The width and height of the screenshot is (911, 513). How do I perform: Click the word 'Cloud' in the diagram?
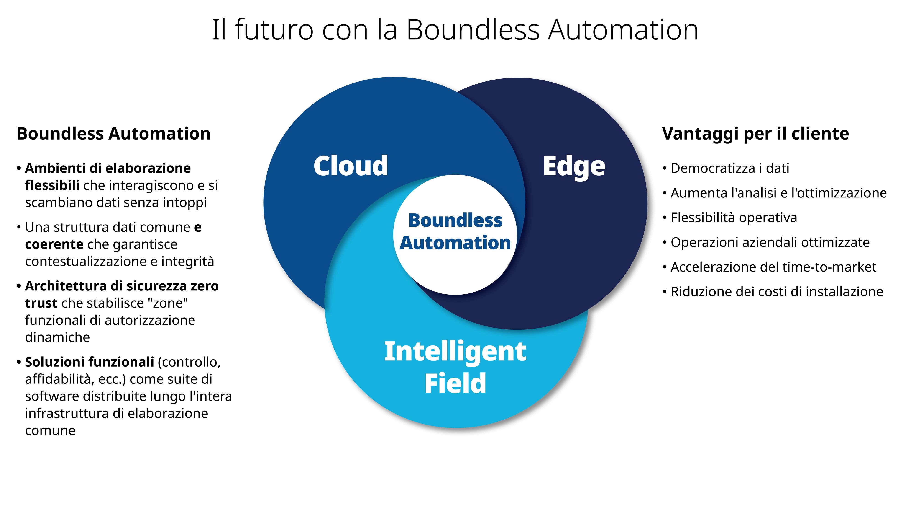(x=351, y=166)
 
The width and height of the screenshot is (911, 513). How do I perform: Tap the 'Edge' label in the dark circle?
(x=574, y=166)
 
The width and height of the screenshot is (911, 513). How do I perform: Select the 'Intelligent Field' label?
(x=455, y=367)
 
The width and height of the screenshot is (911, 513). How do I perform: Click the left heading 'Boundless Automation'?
(x=113, y=134)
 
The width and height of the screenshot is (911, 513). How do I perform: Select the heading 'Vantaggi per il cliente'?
(x=755, y=134)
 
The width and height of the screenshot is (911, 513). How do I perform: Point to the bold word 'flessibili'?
(x=52, y=185)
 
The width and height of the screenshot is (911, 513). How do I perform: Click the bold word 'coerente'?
(x=54, y=244)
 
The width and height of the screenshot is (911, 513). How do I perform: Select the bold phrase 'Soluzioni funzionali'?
(x=89, y=362)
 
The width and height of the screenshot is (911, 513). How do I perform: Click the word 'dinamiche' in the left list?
(x=57, y=337)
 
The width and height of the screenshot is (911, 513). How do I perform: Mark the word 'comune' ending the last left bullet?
(x=50, y=430)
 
